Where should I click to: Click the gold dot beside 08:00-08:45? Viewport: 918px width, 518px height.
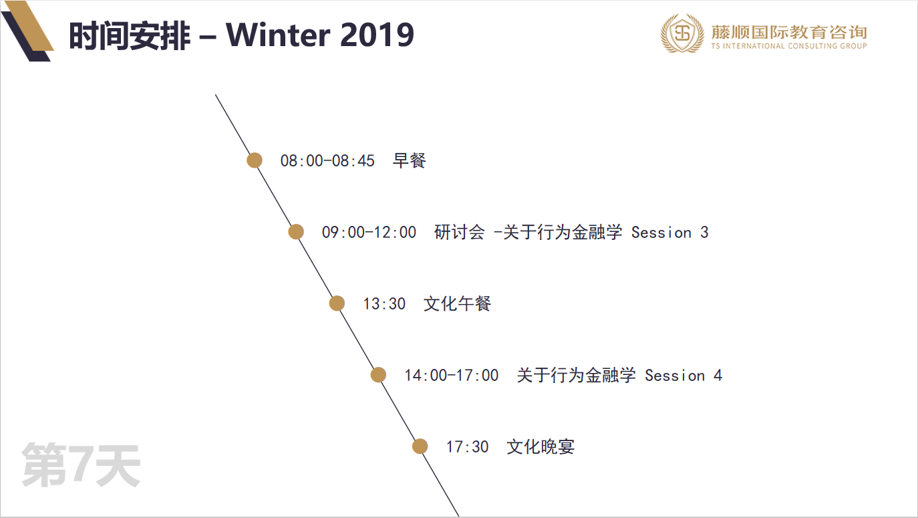(x=255, y=160)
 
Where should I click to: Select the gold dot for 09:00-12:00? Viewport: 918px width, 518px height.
(x=296, y=232)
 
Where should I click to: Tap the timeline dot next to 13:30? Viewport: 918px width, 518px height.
(x=337, y=303)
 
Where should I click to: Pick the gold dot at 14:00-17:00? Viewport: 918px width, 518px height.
(x=378, y=375)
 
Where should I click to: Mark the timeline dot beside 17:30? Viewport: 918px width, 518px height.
(x=420, y=446)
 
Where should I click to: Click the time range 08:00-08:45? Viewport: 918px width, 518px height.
(x=327, y=161)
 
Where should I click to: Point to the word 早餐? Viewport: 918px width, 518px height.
(x=410, y=160)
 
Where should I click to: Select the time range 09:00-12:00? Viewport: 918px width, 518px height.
(x=369, y=233)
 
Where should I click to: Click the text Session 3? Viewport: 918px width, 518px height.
(x=669, y=233)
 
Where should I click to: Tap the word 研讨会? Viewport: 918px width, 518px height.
(x=460, y=232)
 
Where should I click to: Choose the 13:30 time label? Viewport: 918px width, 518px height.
(x=384, y=304)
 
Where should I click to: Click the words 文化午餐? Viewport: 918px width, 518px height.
(x=458, y=303)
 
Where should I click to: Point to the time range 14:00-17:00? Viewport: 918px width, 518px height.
(x=452, y=375)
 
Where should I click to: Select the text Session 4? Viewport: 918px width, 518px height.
(x=683, y=375)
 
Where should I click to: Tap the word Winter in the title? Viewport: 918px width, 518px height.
(x=278, y=35)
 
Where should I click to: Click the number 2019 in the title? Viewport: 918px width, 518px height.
(x=377, y=35)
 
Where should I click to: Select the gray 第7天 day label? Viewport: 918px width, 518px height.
(x=81, y=465)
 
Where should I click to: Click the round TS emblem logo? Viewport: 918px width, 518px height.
(x=682, y=33)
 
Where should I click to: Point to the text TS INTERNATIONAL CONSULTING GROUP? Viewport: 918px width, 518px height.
(x=789, y=46)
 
